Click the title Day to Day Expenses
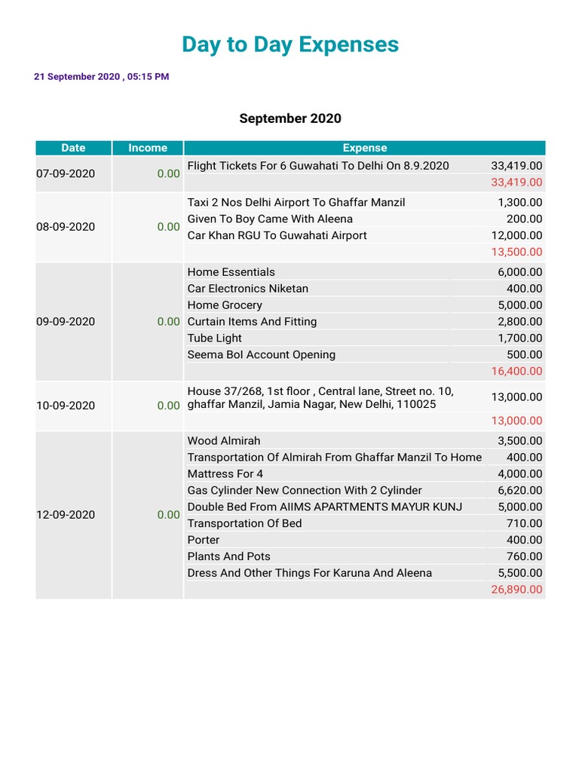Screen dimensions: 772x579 290,45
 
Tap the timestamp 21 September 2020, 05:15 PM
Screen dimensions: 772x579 101,77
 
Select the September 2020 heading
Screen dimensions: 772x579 290,118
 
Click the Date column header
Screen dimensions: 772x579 73,148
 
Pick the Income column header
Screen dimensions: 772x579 148,148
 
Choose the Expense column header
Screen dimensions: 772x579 365,148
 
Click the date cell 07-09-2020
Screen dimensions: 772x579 66,174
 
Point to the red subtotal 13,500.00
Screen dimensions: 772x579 516,252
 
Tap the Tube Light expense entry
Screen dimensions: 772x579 215,339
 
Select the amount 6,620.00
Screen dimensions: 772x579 519,491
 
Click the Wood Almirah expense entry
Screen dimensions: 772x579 224,441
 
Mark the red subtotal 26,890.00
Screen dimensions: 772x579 516,590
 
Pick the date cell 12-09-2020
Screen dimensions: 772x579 66,515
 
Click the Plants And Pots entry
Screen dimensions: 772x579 228,556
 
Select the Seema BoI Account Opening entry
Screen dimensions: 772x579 261,355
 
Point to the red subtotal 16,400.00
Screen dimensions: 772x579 516,371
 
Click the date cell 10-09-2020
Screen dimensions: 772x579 66,406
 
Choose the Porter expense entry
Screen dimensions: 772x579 204,540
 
